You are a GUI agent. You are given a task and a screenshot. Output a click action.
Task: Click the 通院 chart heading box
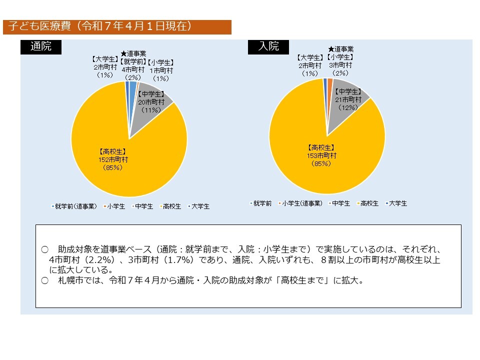pos(40,46)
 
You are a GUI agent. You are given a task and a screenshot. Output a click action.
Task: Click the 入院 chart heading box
pos(268,46)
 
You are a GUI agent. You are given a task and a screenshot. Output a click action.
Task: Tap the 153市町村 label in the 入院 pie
pos(321,155)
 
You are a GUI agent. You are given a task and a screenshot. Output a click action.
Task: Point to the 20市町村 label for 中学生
pos(150,101)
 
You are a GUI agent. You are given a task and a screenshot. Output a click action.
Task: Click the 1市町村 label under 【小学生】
pos(161,70)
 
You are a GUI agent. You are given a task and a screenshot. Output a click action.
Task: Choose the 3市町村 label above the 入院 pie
pos(340,65)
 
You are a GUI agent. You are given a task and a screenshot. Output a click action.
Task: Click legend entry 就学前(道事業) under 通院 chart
pos(75,206)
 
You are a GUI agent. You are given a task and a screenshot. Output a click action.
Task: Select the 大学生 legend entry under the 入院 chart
pos(397,203)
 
